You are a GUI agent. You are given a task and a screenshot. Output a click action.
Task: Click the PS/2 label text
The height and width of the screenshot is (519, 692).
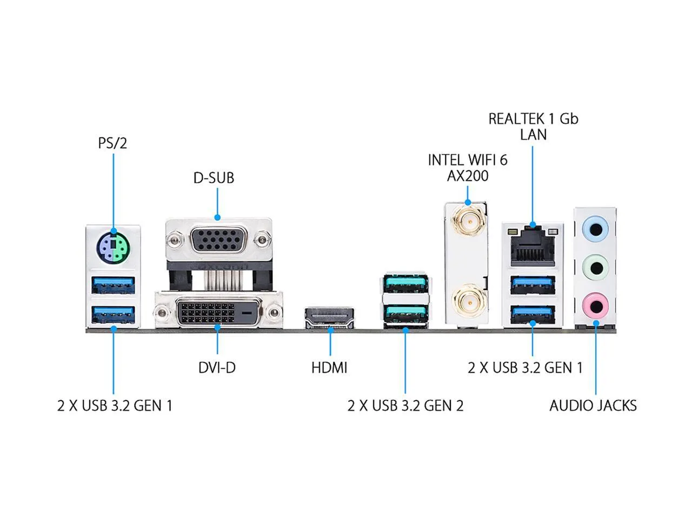(112, 143)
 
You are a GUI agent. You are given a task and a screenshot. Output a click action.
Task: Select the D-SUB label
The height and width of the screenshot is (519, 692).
(214, 178)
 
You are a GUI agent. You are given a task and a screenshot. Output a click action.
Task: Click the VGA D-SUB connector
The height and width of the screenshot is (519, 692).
(218, 241)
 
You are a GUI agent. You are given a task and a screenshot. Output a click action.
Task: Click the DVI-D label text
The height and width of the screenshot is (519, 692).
(217, 368)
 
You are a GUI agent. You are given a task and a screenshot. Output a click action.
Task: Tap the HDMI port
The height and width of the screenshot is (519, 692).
(329, 318)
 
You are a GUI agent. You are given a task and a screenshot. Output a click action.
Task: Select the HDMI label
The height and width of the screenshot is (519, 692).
(329, 368)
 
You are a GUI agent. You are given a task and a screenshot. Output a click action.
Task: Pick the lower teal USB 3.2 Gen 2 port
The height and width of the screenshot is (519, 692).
(405, 313)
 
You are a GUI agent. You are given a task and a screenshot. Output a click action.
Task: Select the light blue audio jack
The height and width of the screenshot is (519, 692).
(595, 230)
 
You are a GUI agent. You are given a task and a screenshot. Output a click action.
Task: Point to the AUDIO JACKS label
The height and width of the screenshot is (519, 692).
(593, 405)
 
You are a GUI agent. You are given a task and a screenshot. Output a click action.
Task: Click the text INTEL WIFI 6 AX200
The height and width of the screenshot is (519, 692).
(468, 168)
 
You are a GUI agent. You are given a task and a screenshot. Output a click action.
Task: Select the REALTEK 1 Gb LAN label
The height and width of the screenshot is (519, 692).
(533, 127)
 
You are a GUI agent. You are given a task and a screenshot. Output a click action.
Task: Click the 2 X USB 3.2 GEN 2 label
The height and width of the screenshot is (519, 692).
(405, 405)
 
